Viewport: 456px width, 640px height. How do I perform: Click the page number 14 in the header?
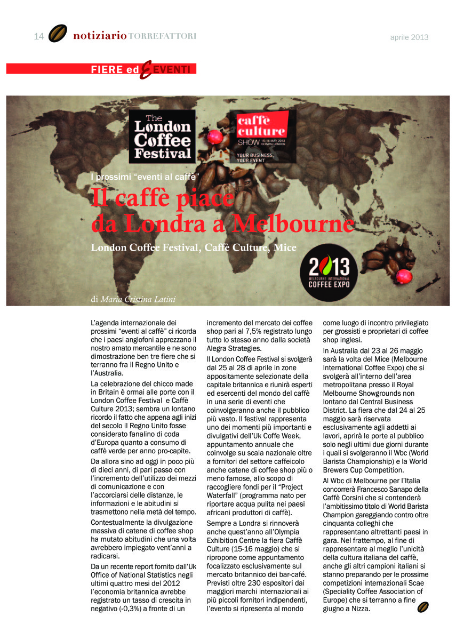coord(38,37)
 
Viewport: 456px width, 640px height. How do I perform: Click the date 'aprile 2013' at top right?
coord(409,37)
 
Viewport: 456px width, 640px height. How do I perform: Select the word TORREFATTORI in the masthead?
coord(162,36)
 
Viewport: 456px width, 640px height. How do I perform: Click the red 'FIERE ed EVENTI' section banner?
coord(101,69)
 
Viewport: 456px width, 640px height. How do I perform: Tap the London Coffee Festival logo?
coord(162,136)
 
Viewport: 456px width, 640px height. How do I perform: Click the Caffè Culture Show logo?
coord(261,136)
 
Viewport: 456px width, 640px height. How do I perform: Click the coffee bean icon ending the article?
coord(423,607)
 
